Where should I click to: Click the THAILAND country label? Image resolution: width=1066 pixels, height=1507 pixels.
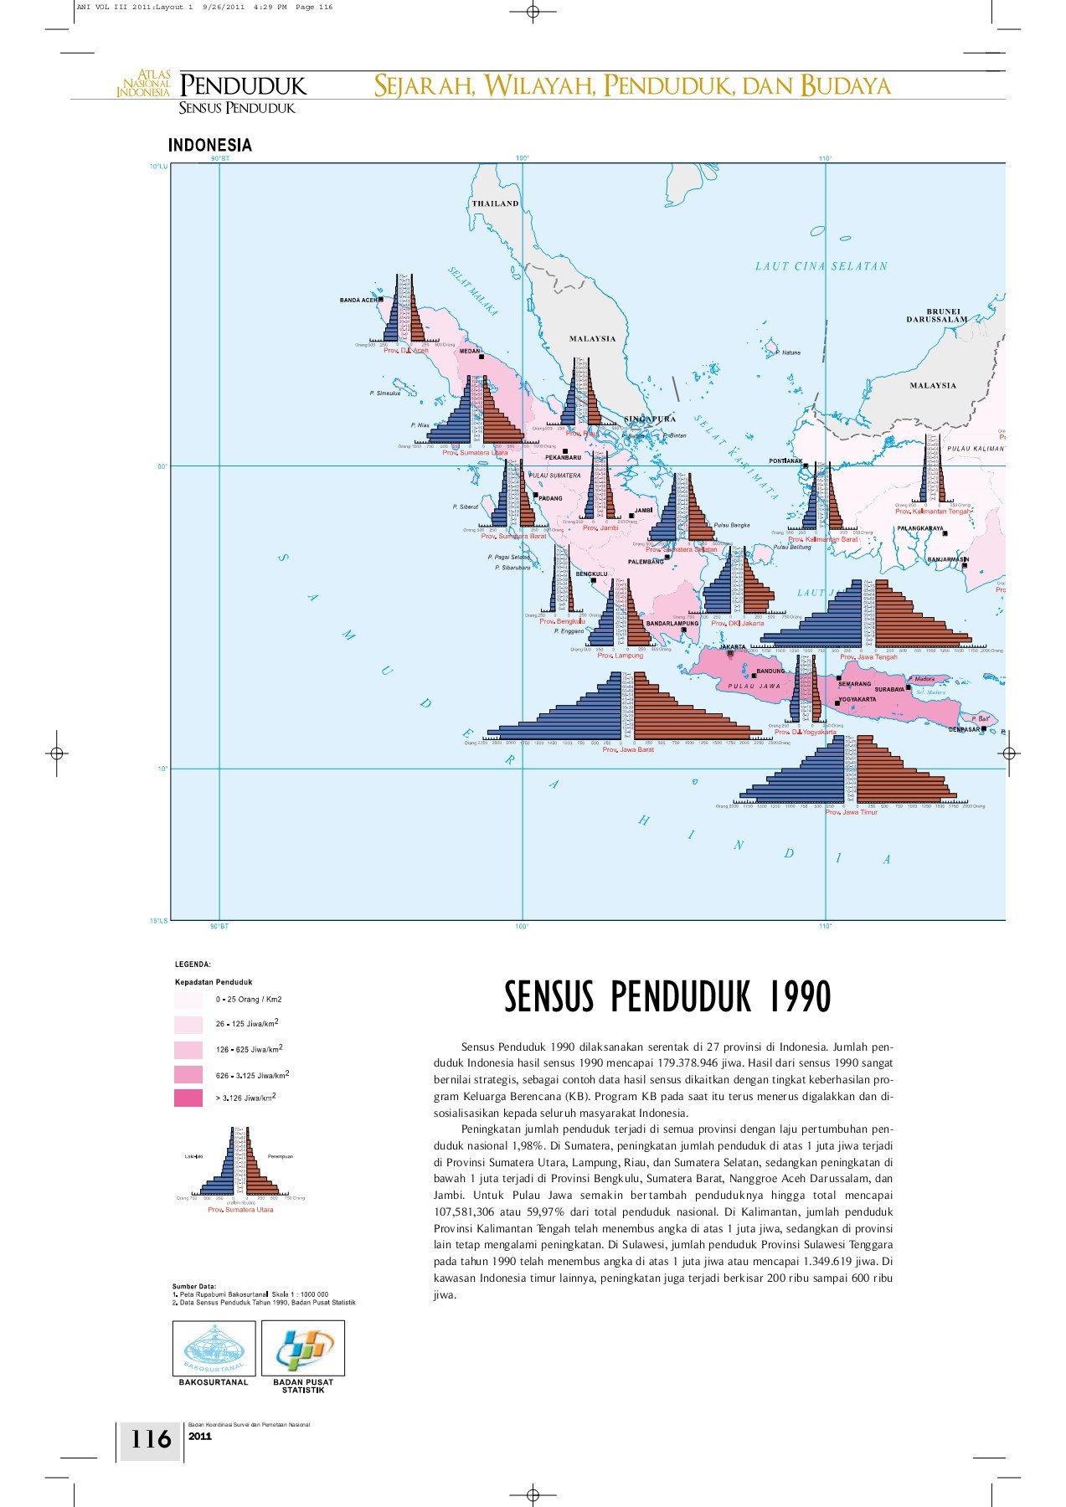(x=495, y=203)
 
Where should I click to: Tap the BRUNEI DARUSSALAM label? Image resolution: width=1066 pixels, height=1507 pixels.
(x=936, y=315)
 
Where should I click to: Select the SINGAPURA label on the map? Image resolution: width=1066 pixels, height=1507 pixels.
(x=650, y=419)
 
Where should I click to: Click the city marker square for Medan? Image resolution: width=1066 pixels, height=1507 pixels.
(x=482, y=357)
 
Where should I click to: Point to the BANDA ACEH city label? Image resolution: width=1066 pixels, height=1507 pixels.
(x=358, y=300)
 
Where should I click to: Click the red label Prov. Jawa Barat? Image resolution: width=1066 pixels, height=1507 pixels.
(x=628, y=749)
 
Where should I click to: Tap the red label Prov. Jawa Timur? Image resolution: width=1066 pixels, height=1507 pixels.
(x=852, y=812)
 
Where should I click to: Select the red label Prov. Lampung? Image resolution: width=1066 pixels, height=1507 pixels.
(x=620, y=656)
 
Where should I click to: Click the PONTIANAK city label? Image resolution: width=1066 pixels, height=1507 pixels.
(x=785, y=461)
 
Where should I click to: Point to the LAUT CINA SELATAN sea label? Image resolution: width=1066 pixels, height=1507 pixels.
(x=821, y=266)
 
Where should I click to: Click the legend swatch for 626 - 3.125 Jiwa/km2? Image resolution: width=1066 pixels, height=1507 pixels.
(x=188, y=1074)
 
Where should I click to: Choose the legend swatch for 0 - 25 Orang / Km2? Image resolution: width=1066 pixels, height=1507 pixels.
(x=188, y=1000)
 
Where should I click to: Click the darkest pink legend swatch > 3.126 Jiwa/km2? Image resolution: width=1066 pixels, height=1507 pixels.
(x=188, y=1098)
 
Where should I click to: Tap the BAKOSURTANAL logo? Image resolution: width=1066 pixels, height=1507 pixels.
(x=214, y=1347)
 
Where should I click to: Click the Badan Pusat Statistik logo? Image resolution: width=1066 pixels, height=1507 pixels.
(x=302, y=1347)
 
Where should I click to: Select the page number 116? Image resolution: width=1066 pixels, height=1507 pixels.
(x=151, y=1438)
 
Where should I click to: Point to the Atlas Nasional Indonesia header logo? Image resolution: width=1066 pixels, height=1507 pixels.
(x=144, y=85)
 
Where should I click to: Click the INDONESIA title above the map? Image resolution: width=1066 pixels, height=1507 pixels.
(x=209, y=145)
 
